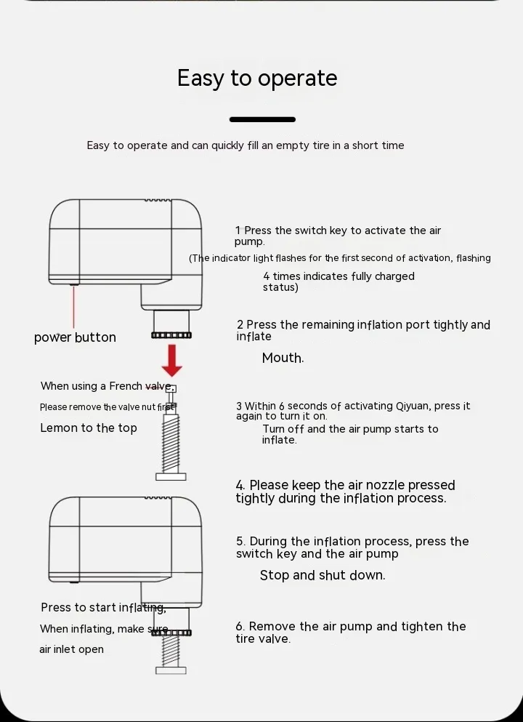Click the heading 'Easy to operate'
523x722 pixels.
click(x=257, y=79)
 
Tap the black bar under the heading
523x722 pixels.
click(x=262, y=120)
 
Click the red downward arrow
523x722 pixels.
click(x=171, y=360)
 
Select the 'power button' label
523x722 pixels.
click(x=75, y=337)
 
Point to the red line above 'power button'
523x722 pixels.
click(x=73, y=307)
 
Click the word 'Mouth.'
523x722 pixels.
click(x=283, y=358)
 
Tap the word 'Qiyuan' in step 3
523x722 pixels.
click(x=413, y=406)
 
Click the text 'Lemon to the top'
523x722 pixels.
click(x=89, y=428)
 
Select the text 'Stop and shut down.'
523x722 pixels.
click(x=323, y=575)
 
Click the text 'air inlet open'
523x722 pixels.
click(x=71, y=649)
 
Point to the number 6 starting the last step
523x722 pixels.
click(x=239, y=627)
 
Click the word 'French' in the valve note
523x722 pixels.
click(x=126, y=386)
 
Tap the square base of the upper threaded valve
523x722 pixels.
click(x=171, y=476)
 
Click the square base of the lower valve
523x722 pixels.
click(x=171, y=670)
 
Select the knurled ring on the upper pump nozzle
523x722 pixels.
click(x=171, y=335)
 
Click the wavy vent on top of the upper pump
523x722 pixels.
click(x=158, y=200)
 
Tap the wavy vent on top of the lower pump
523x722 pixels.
click(x=158, y=498)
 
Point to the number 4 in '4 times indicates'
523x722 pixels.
click(x=267, y=276)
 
